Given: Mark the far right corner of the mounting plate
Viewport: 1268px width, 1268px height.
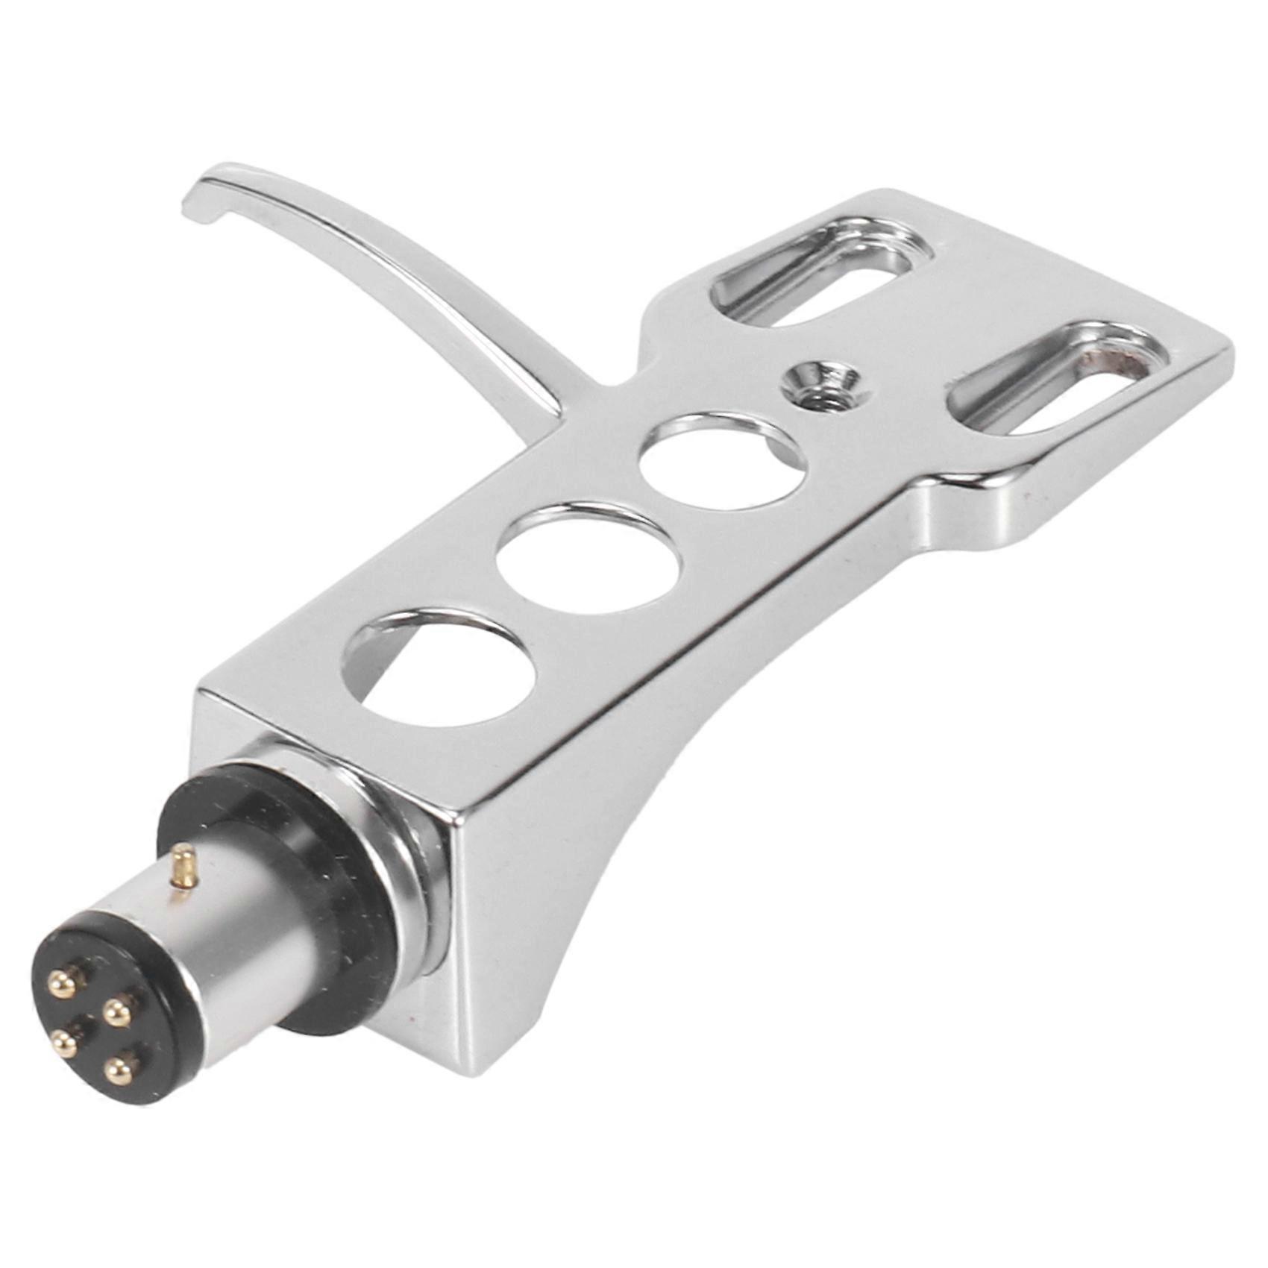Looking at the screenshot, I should pos(1223,358).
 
